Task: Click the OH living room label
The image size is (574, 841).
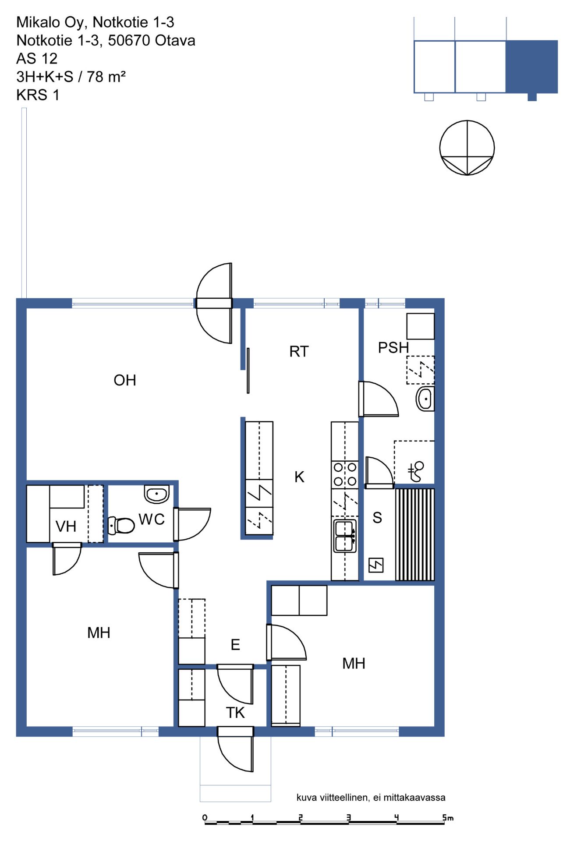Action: point(125,380)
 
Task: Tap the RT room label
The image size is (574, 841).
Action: point(299,351)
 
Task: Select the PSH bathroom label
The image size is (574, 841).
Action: point(393,348)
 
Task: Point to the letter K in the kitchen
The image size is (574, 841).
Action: point(299,477)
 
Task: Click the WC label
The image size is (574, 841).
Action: point(152,519)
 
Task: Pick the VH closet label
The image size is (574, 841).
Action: point(66,527)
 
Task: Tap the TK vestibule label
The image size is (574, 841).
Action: point(235,713)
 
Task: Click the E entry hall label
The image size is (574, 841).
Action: point(235,645)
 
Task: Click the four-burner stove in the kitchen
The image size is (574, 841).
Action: point(345,475)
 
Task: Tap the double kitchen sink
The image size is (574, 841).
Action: point(345,536)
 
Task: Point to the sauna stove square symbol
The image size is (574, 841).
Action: point(376,565)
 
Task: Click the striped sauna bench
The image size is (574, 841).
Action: point(415,535)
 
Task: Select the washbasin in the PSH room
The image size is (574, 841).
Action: point(425,399)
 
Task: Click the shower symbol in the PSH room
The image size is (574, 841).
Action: point(416,471)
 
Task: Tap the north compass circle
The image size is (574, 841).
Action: point(467,148)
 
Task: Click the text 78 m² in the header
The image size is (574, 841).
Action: point(106,77)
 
